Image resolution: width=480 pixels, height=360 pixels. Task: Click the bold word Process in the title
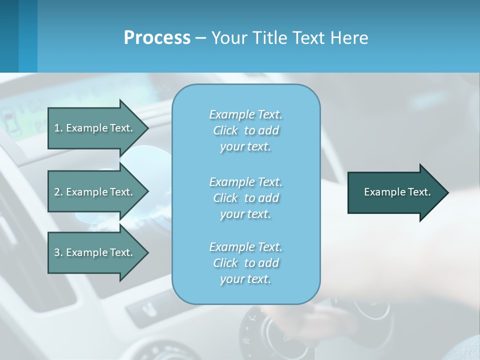[157, 38]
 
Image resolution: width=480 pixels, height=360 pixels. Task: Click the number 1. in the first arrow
[58, 128]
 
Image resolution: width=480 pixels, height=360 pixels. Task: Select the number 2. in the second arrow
[58, 192]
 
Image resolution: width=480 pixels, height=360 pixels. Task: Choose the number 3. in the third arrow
[58, 252]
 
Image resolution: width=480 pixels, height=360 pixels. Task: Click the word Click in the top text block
[225, 130]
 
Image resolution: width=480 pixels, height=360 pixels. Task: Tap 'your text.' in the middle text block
[245, 214]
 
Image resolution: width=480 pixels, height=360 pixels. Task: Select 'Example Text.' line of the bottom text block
[245, 247]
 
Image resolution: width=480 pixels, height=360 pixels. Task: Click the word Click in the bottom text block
[225, 263]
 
